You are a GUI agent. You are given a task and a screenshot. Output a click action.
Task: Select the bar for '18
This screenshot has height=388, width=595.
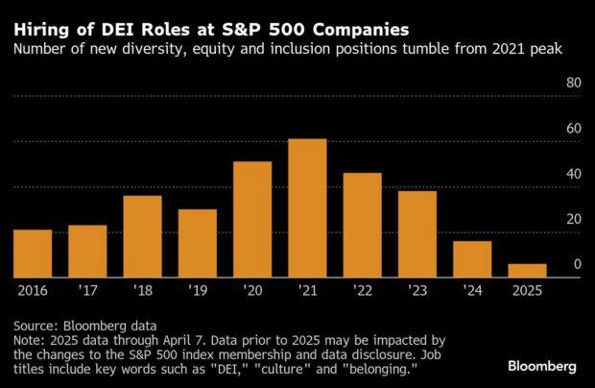click(x=142, y=236)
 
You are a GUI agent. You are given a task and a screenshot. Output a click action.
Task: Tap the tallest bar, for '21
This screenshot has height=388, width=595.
click(x=307, y=208)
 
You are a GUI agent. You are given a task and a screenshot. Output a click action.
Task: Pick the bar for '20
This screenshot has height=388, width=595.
click(x=252, y=220)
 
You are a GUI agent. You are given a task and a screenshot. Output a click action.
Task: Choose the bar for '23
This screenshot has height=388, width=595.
click(x=417, y=234)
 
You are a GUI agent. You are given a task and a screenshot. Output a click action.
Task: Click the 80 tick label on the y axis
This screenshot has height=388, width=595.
click(x=574, y=84)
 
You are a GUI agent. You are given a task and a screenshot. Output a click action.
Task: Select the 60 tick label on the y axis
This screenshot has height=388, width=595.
click(x=574, y=129)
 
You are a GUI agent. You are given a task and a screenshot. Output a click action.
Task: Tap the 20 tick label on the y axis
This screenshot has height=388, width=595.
click(x=574, y=219)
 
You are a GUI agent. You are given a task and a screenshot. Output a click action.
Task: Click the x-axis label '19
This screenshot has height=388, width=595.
click(x=197, y=289)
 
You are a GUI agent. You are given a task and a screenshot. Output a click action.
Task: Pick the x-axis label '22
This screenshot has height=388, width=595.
click(x=362, y=289)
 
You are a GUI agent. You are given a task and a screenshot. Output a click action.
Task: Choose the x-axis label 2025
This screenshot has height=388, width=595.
click(x=527, y=289)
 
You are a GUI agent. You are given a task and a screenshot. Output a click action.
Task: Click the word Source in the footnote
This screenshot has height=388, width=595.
click(x=35, y=325)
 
